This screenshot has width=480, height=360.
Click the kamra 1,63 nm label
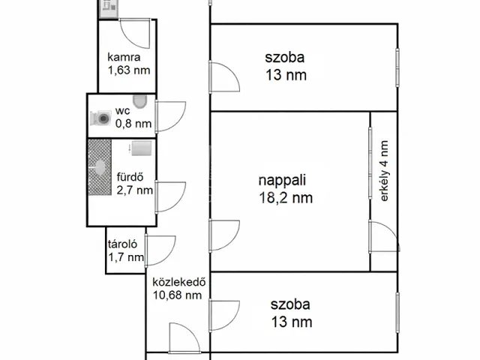(x=129, y=64)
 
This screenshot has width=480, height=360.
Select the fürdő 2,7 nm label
(x=133, y=184)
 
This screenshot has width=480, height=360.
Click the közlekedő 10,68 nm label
(x=177, y=289)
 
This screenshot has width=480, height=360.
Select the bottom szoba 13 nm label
(x=291, y=314)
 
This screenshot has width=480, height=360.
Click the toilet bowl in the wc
(x=139, y=102)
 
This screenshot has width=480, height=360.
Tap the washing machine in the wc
(x=100, y=118)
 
